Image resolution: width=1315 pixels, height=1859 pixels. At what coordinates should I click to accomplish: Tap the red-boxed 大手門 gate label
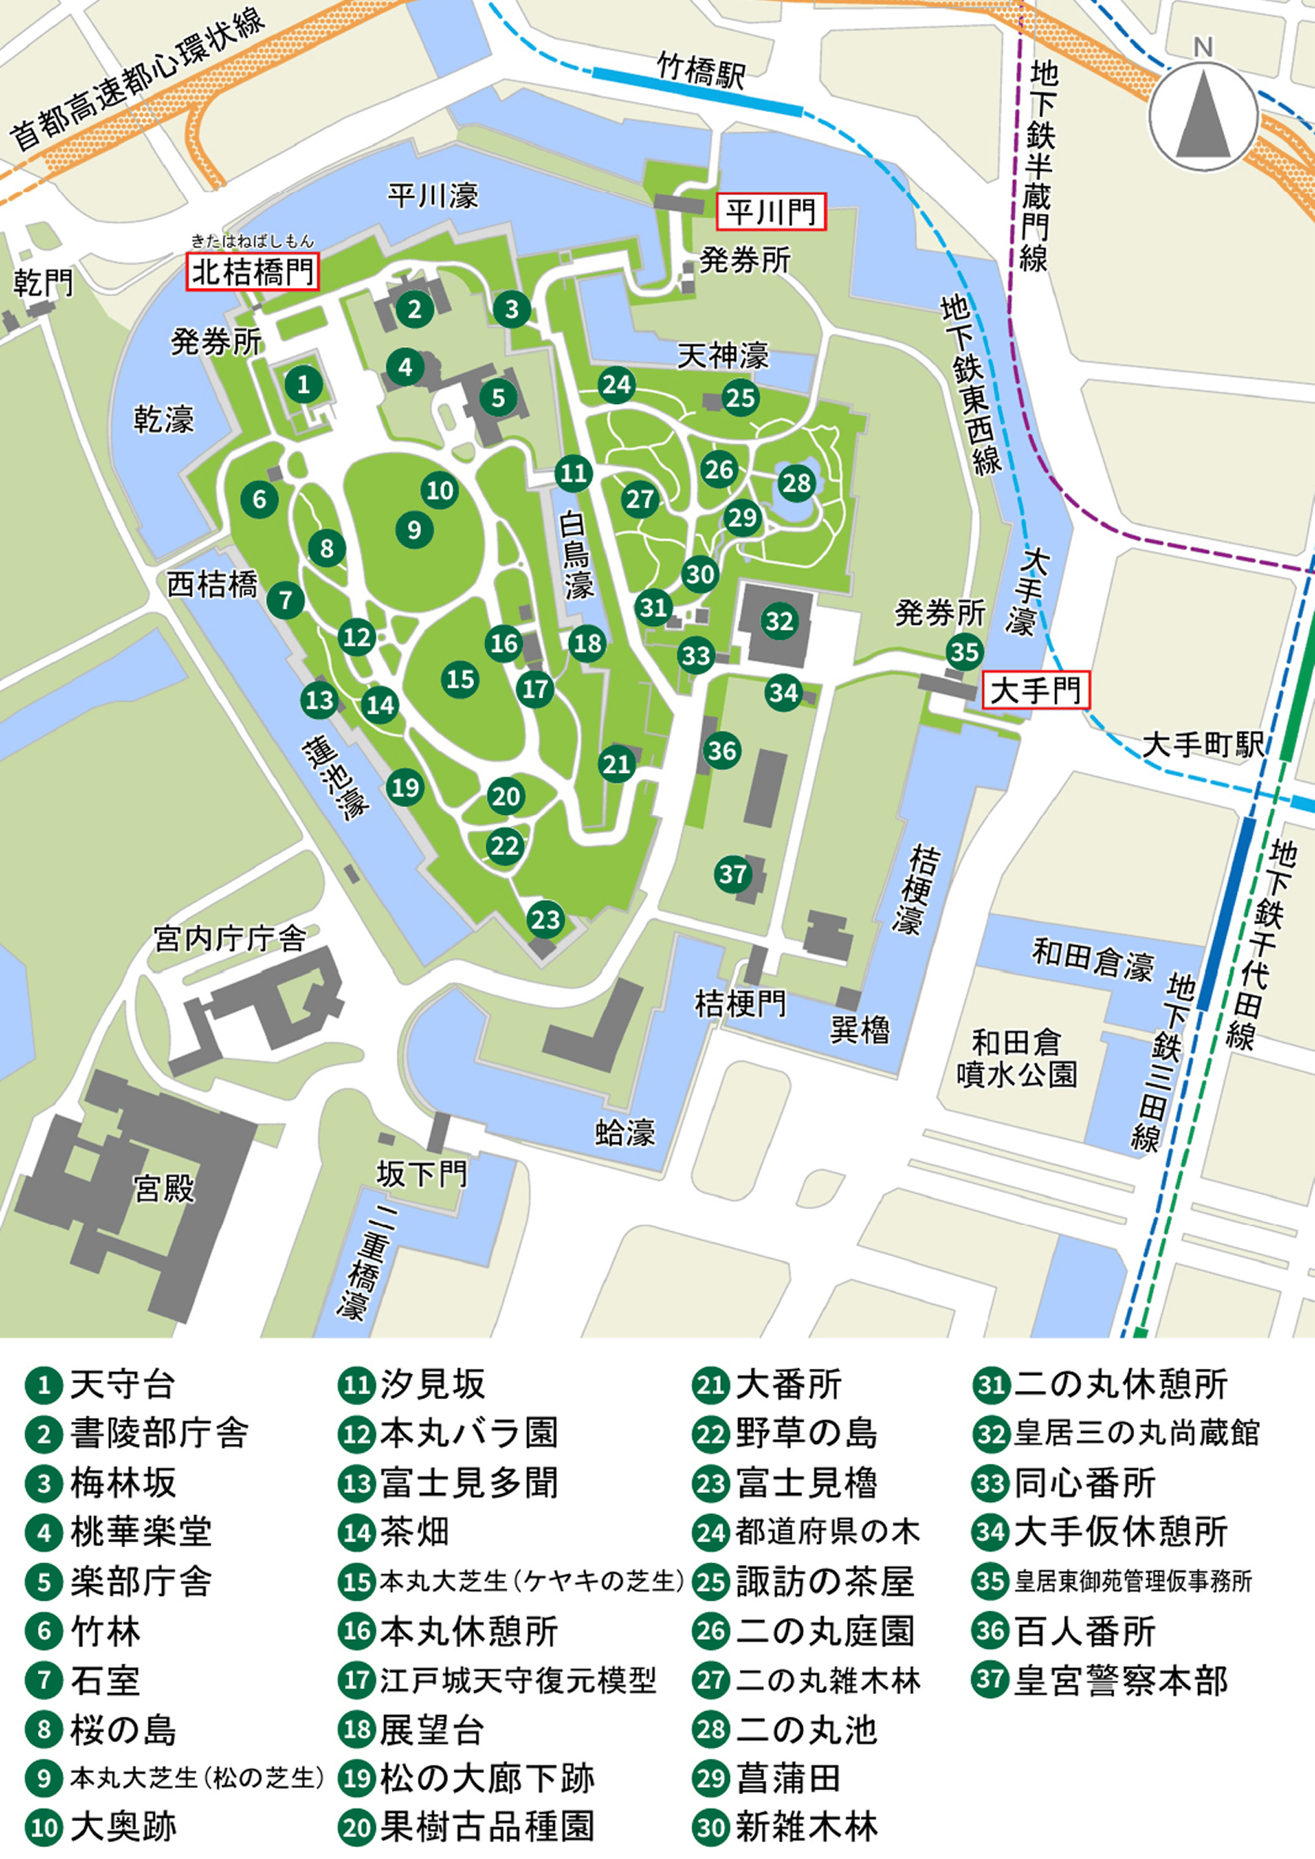pyautogui.click(x=1036, y=691)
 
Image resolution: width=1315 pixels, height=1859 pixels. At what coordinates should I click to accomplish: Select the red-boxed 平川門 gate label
pyautogui.click(x=770, y=212)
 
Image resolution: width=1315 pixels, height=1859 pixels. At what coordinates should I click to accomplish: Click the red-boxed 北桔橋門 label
pyautogui.click(x=253, y=272)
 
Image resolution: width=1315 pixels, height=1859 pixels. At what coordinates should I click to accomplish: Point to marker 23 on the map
pyautogui.click(x=545, y=919)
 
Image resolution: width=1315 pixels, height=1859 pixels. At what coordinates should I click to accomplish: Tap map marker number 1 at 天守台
pyautogui.click(x=303, y=384)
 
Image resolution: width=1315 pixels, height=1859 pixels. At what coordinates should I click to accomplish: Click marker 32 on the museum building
pyautogui.click(x=779, y=621)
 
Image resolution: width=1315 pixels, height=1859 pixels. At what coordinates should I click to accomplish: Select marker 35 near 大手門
pyautogui.click(x=964, y=652)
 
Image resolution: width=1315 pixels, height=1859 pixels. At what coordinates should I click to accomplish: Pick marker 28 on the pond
pyautogui.click(x=796, y=484)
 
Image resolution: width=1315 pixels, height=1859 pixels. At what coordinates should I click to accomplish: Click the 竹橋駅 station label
pyautogui.click(x=700, y=71)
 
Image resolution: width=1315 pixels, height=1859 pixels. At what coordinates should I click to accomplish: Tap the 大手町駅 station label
pyautogui.click(x=1203, y=745)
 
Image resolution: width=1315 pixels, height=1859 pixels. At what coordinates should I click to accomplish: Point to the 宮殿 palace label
pyautogui.click(x=164, y=1189)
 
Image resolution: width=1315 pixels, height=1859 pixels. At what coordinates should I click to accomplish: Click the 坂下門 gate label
pyautogui.click(x=421, y=1173)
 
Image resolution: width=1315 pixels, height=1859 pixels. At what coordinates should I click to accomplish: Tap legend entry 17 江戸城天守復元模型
pyautogui.click(x=498, y=1680)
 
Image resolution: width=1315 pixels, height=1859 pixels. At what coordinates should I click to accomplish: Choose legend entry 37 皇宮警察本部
pyautogui.click(x=1101, y=1680)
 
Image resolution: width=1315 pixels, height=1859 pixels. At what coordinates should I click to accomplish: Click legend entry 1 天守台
pyautogui.click(x=101, y=1386)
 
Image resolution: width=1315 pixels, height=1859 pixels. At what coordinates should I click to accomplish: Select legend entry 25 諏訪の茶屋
pyautogui.click(x=804, y=1582)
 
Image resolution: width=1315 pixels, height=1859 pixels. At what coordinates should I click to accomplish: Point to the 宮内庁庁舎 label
pyautogui.click(x=230, y=938)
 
